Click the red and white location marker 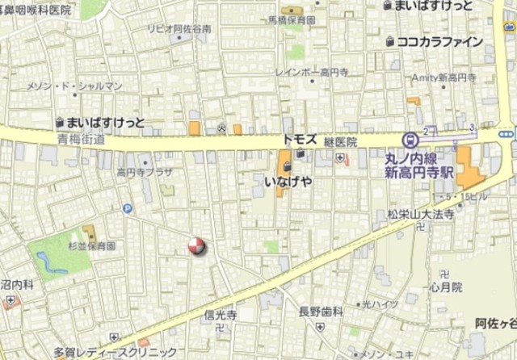196,246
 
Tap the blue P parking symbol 127,209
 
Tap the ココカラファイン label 439,42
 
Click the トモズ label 298,138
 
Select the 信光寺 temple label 220,315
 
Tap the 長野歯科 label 322,311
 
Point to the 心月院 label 445,287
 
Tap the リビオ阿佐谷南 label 179,28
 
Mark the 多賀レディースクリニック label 116,353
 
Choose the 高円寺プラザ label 145,172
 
